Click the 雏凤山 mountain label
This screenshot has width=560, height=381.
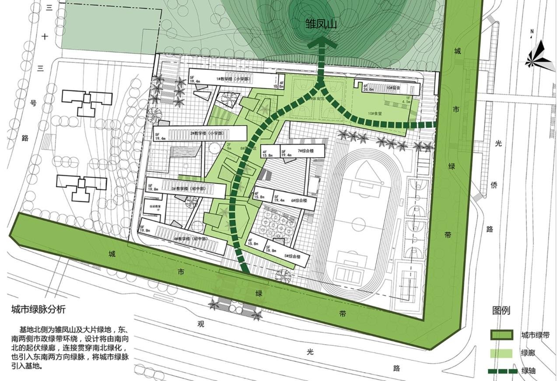(x=321, y=24)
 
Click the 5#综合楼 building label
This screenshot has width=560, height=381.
(x=292, y=256)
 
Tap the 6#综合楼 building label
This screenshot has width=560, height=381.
(x=299, y=201)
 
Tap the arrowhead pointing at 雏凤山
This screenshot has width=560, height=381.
(x=321, y=42)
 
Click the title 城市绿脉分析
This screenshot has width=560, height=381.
(x=38, y=309)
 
